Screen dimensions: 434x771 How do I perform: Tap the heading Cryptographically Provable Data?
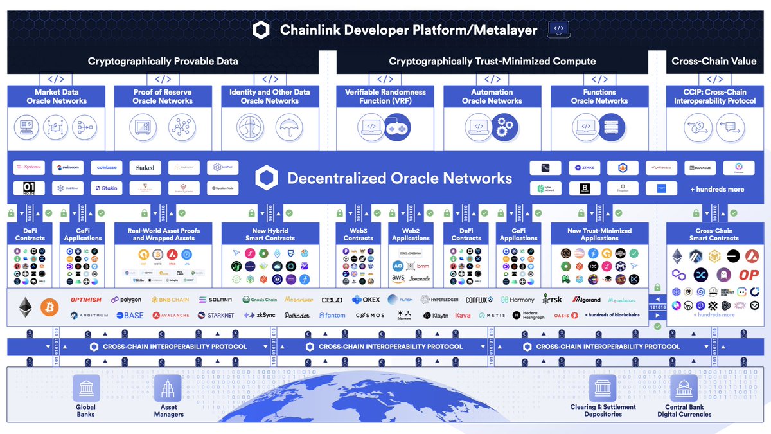163,61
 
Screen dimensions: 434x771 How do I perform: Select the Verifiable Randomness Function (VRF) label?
385,96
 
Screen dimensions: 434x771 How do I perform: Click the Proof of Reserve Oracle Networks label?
163,96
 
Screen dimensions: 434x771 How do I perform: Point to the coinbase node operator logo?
107,168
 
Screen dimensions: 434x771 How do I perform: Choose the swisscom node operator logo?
67,168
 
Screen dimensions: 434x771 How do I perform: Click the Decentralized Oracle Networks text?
399,178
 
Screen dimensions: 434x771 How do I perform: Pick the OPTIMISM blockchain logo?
86,300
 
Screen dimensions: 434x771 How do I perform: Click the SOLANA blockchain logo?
215,300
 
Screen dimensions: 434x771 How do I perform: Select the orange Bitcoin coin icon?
49,307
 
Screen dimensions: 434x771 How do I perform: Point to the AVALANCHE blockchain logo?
171,316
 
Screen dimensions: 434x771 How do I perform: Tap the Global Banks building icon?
85,388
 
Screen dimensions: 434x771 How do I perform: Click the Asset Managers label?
168,411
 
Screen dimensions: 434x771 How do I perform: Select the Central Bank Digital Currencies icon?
684,388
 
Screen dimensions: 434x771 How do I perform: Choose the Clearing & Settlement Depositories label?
603,411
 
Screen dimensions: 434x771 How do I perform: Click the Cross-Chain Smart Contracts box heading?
714,234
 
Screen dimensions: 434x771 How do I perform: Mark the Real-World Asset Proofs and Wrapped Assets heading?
163,234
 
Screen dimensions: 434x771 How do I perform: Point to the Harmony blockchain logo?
517,300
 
